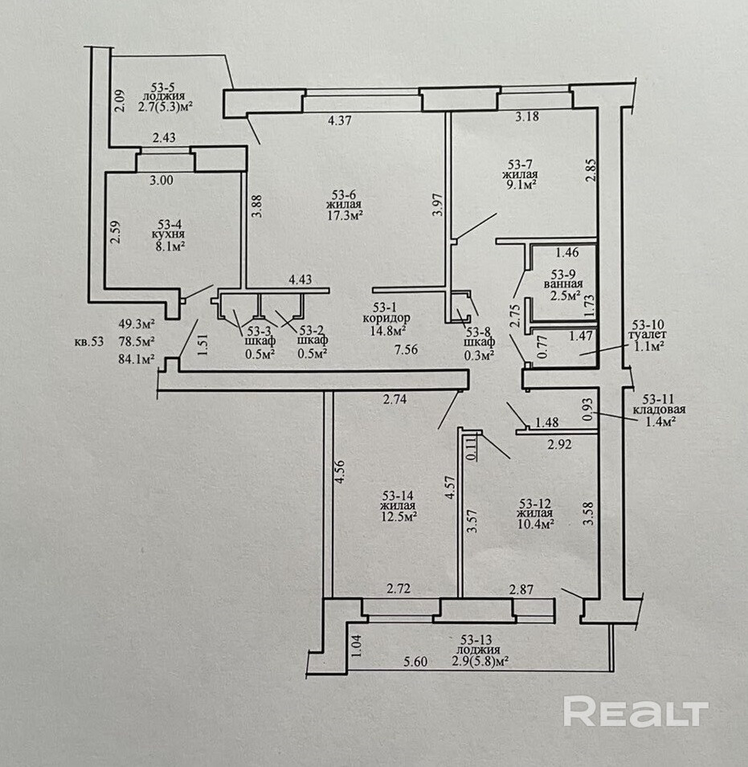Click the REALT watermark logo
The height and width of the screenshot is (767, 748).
636,712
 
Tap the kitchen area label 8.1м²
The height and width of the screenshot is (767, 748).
170,246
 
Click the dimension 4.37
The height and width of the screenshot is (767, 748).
339,120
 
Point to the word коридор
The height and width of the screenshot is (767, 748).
386,318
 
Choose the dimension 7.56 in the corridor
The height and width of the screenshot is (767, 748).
406,349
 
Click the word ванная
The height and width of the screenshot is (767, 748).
563,284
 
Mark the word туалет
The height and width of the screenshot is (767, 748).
648,336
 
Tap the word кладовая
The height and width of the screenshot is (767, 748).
659,410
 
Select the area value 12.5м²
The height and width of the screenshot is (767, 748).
399,516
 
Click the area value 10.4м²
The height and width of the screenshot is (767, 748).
536,524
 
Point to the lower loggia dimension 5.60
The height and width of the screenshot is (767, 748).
415,662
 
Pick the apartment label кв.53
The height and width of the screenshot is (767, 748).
89,341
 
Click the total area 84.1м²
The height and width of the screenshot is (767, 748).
137,360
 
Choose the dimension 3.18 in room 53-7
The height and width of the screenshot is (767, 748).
527,116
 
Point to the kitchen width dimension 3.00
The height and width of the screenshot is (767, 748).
161,180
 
